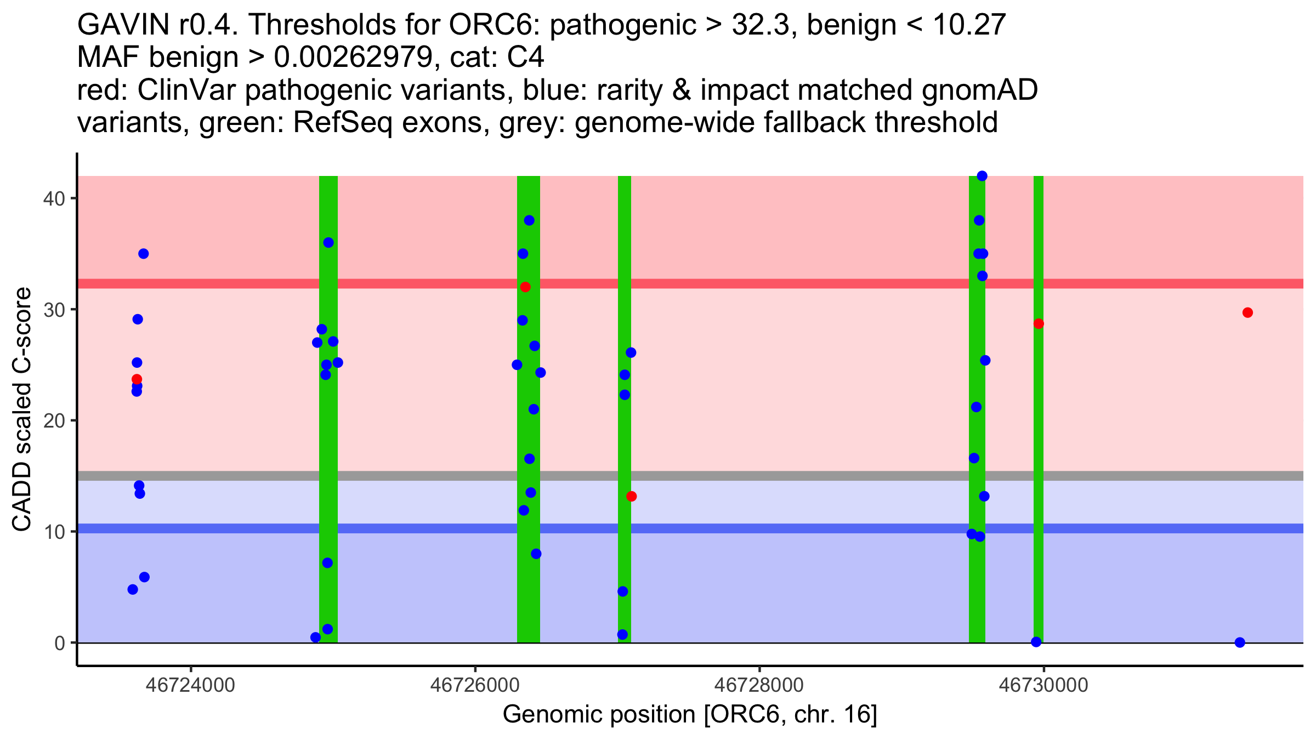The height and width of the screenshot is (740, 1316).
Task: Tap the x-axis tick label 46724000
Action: [x=190, y=685]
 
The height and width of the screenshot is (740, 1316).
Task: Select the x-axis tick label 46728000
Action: [x=759, y=685]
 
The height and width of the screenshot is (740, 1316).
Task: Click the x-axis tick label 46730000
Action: [x=1043, y=685]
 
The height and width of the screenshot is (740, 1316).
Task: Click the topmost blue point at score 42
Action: [x=982, y=176]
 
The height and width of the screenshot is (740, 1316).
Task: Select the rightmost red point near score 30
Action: [x=1247, y=312]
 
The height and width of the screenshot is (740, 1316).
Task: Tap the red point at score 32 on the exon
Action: [x=525, y=287]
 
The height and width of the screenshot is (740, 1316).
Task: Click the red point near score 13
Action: [x=632, y=496]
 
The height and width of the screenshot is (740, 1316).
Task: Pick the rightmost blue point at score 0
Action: [x=1240, y=642]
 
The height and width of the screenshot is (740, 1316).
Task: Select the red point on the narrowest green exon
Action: [x=1039, y=323]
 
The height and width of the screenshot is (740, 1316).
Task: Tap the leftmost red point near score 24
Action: [x=137, y=379]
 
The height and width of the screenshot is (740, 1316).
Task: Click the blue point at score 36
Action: [x=328, y=243]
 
